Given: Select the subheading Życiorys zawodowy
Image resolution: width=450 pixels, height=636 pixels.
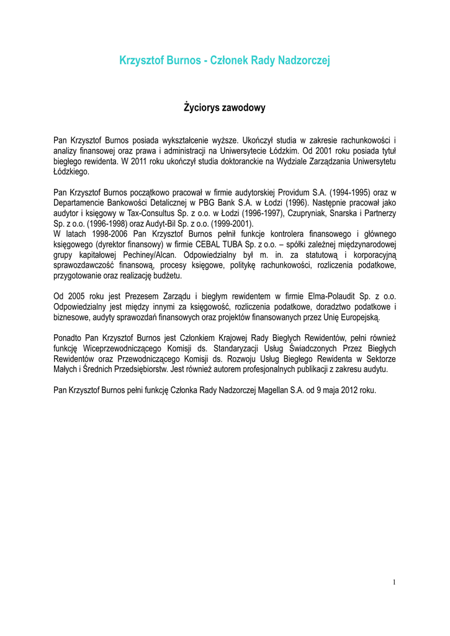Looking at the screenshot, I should (x=225, y=108).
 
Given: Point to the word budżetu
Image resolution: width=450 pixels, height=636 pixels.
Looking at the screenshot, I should (x=166, y=274).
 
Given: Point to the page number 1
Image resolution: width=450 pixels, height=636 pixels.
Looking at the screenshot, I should (x=394, y=582).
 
